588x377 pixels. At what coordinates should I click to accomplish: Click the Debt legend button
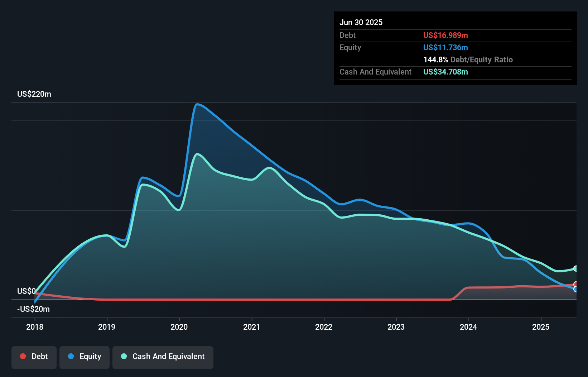click(34, 357)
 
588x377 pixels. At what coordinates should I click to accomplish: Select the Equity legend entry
click(85, 357)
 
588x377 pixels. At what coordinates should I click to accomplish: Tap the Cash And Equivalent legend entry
click(163, 357)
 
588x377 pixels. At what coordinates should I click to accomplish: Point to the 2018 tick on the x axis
click(35, 327)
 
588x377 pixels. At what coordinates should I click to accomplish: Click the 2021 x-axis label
click(251, 327)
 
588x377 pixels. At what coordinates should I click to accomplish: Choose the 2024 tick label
click(468, 327)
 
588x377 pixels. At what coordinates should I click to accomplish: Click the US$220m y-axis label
click(34, 94)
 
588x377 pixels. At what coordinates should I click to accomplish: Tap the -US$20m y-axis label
click(33, 309)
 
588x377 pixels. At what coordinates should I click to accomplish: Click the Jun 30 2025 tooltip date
click(361, 23)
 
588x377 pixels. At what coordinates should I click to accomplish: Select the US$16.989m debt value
click(445, 35)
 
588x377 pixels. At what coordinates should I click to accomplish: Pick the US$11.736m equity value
click(445, 48)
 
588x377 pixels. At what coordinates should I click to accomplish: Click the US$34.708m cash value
click(445, 72)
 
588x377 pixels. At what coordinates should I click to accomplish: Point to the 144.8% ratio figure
click(435, 60)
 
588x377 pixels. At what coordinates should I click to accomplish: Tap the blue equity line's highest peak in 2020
click(197, 104)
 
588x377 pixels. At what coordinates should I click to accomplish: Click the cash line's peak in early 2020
click(197, 154)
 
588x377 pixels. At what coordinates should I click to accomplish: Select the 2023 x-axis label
click(396, 327)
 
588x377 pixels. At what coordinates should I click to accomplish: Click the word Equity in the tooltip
click(350, 48)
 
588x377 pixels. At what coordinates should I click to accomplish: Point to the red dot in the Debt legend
click(23, 356)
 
